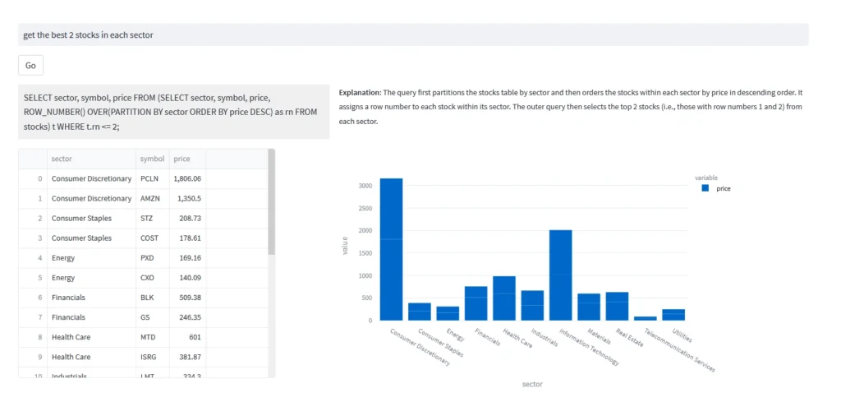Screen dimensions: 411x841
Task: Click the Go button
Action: [30, 66]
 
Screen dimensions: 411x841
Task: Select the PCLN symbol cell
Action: [149, 178]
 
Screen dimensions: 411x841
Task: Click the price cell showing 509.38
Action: [189, 298]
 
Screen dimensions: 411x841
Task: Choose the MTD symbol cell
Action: [149, 337]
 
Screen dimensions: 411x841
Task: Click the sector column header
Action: [61, 159]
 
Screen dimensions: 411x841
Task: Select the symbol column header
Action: [152, 159]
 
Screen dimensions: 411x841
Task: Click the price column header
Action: [182, 159]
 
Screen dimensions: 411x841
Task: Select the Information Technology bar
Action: [560, 275]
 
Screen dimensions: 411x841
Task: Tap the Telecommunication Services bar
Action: [645, 318]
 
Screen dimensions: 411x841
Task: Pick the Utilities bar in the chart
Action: [673, 315]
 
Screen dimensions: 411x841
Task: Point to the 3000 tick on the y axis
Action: [365, 186]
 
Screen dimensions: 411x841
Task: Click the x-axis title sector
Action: [531, 384]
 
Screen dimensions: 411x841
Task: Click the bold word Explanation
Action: [360, 93]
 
